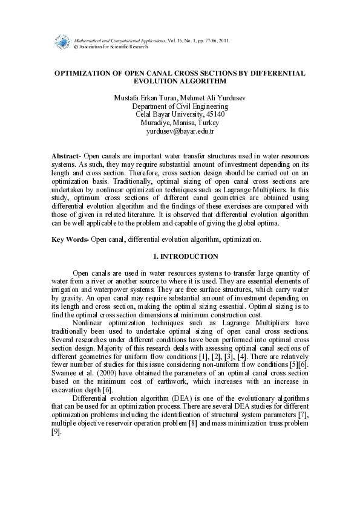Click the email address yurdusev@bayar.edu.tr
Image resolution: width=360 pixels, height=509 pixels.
coord(180,131)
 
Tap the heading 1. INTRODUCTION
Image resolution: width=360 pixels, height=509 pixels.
coord(180,256)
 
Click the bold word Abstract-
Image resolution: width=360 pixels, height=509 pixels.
coord(66,155)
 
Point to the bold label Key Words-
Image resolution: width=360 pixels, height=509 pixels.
coord(70,239)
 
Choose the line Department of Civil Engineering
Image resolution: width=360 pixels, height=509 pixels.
coord(180,106)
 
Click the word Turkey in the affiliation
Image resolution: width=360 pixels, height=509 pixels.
coord(207,122)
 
